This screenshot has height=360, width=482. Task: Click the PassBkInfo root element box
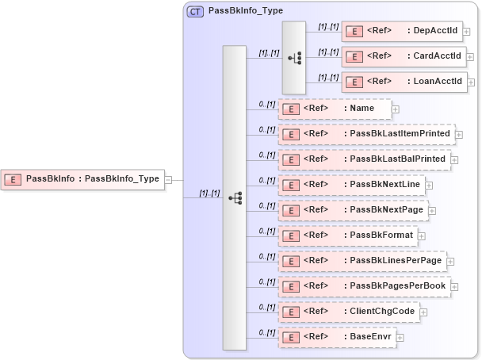82,179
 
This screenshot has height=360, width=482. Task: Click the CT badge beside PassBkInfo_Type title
195,12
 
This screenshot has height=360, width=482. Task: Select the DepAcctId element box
403,31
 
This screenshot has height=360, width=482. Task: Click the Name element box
334,109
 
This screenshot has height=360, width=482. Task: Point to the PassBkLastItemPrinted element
365,134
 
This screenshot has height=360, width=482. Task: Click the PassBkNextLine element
350,185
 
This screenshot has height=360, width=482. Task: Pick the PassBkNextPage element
352,210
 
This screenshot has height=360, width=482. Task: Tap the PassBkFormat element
346,236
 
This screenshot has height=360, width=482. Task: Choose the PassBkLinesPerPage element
361,261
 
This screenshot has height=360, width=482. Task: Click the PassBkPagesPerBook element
362,286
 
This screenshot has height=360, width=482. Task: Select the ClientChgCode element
349,312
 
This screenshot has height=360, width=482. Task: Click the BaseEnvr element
336,337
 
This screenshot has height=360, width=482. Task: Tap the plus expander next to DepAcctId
467,32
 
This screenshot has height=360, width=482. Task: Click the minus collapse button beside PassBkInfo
168,180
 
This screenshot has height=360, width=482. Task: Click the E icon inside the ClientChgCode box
291,312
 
